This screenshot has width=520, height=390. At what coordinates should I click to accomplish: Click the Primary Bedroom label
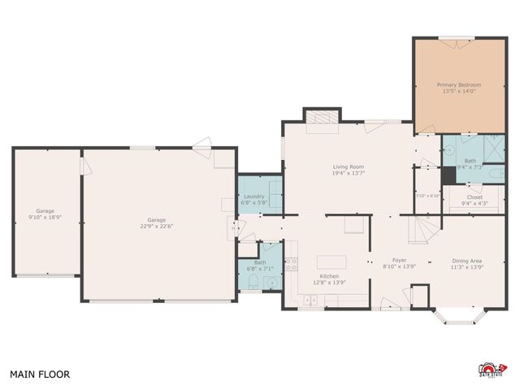pyautogui.click(x=459, y=84)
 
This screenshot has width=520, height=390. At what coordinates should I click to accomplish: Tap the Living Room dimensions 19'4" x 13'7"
pyautogui.click(x=348, y=172)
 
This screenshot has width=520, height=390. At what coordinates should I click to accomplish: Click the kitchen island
pyautogui.click(x=331, y=262)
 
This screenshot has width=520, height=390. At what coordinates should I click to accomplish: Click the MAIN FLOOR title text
pyautogui.click(x=40, y=375)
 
